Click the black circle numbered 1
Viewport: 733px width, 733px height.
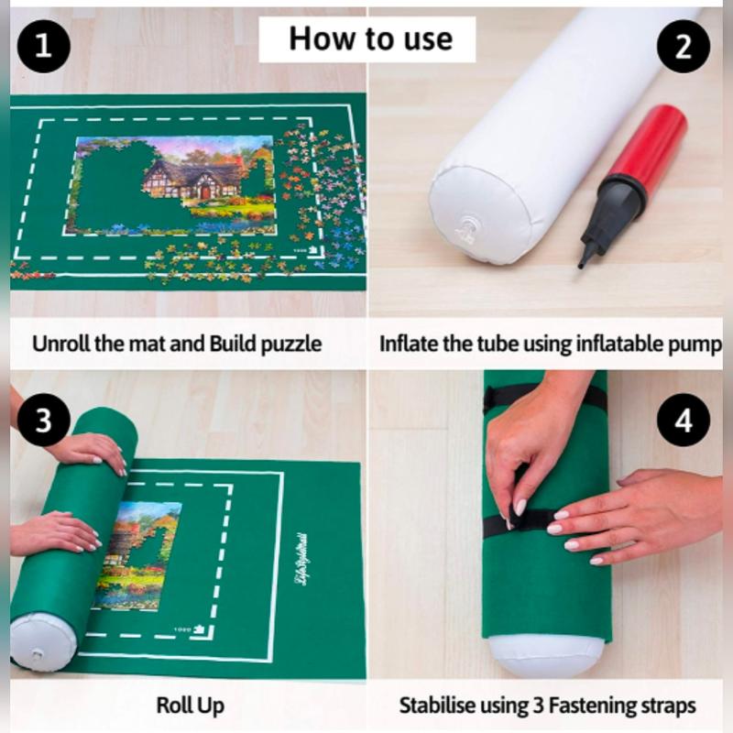[43, 47]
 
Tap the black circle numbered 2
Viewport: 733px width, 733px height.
[683, 47]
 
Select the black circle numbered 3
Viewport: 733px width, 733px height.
[43, 420]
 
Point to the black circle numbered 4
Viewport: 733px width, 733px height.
[683, 420]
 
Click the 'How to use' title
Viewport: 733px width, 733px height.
[371, 38]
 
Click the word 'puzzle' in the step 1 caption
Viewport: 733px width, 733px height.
[290, 345]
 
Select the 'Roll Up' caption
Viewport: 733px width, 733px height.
[191, 706]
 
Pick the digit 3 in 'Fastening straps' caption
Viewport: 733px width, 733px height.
[538, 706]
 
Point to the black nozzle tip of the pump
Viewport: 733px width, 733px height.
[582, 263]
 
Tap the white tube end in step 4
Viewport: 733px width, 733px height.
[545, 655]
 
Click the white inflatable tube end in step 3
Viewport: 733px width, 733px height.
[43, 641]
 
